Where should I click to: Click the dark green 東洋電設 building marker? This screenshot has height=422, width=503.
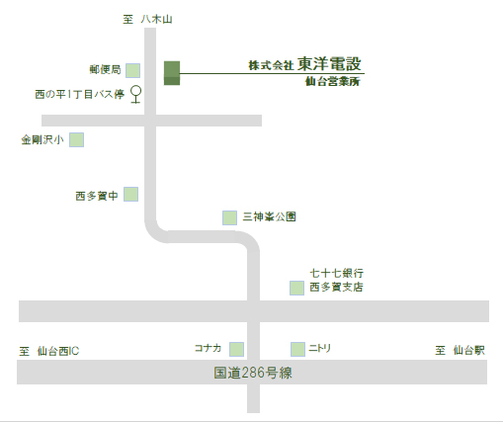coord(172,73)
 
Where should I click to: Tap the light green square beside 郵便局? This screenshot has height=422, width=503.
coord(132,70)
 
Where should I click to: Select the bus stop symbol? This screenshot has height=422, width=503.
coord(135,94)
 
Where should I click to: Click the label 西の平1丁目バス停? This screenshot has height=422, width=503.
coord(80,95)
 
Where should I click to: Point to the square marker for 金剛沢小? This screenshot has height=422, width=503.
coord(76,139)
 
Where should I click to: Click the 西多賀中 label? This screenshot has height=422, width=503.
coord(97,196)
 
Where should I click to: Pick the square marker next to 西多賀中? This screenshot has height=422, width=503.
coord(130,194)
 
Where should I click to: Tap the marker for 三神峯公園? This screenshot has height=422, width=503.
coord(229,217)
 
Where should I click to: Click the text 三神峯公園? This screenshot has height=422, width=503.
coord(270,216)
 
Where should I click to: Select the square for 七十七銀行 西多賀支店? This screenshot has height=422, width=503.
coord(296,288)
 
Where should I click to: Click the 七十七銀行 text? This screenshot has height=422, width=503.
coord(337,273)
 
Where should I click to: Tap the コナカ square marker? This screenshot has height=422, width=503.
coord(236,349)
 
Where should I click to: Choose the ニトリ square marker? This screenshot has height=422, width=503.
coord(297,349)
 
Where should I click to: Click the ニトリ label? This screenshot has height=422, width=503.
coord(319,348)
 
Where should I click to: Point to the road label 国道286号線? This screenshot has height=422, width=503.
coord(253,373)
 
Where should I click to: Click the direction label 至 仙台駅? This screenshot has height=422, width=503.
coord(460,350)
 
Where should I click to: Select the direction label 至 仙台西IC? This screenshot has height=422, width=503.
coord(49,351)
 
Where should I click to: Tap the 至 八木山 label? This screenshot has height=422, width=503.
coord(147,19)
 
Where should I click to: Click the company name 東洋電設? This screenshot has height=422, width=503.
coord(329,64)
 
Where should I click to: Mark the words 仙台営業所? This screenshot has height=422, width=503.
coord(333,81)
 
